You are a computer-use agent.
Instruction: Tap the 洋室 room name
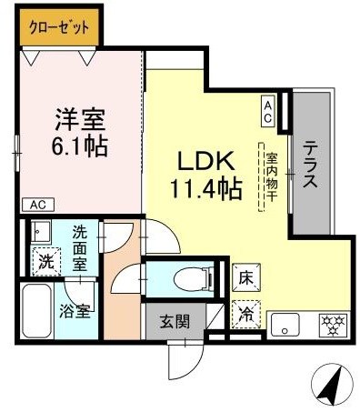click(x=81, y=118)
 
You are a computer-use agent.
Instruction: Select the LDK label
click(x=207, y=161)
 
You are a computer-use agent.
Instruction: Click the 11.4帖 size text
click(x=207, y=188)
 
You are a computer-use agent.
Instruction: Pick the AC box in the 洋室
click(x=35, y=204)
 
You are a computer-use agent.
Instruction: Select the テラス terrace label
click(x=309, y=164)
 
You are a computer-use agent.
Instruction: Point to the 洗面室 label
click(x=80, y=246)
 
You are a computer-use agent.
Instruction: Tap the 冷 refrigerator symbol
click(x=246, y=315)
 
